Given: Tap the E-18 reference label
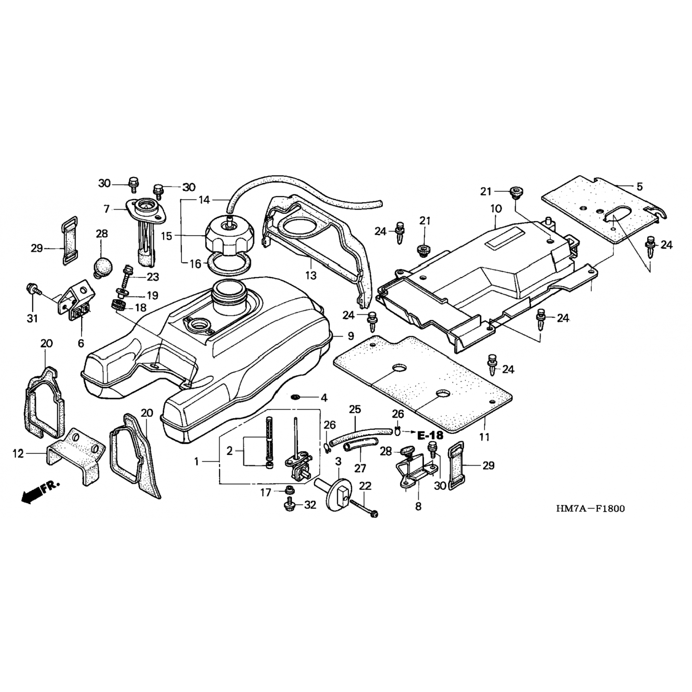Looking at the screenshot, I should [430, 435].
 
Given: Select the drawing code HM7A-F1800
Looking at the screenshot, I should [590, 509].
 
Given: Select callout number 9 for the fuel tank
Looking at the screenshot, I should [351, 335].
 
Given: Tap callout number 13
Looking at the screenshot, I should [310, 275].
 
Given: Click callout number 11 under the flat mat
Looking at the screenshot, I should [484, 436].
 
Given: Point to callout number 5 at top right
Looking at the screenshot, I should [639, 187].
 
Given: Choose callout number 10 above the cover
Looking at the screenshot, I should [496, 209].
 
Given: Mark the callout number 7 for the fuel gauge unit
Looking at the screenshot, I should [107, 209].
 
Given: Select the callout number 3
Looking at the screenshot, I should [338, 461].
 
